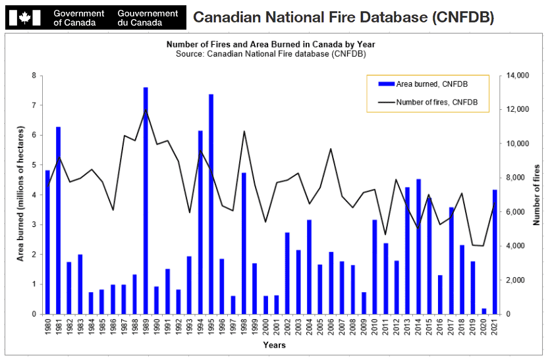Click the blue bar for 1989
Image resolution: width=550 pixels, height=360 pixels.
pos(146,201)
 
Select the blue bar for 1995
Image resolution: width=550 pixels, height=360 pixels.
pos(211,204)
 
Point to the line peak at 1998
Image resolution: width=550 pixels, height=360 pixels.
pos(244,132)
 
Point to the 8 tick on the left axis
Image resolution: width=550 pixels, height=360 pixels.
pos(34,76)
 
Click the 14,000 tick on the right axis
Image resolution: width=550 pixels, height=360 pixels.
pos(515,76)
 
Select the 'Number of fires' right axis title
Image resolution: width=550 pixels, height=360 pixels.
pos(537,195)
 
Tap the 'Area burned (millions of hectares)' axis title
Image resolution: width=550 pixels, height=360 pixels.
pos(20,195)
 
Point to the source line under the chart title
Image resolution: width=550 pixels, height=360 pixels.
pos(271,53)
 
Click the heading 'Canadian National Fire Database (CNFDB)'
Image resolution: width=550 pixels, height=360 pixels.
pos(343,17)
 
